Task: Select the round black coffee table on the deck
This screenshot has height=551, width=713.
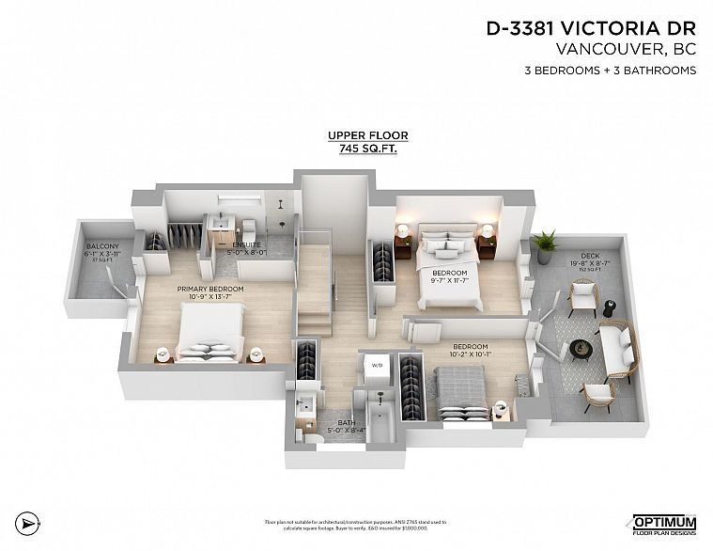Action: click(583, 345)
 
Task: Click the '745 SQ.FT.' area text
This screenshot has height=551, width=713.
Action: click(360, 149)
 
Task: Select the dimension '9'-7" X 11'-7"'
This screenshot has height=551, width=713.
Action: click(449, 280)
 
